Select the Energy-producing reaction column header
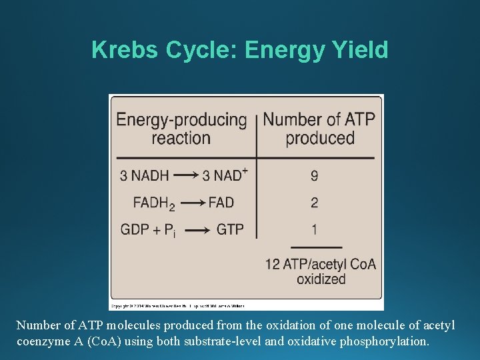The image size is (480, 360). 181,129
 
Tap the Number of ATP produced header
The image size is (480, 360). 319,129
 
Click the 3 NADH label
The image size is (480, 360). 144,176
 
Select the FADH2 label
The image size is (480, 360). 153,203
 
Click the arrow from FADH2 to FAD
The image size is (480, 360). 193,203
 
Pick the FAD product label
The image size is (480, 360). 221,202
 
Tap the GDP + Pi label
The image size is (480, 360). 148,230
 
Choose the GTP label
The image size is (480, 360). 230,229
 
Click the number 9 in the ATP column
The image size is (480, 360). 314,176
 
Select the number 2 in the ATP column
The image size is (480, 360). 314,202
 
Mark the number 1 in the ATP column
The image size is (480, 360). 314,229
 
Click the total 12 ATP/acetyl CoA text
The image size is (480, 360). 320,264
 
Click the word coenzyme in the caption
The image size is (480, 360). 42,341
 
